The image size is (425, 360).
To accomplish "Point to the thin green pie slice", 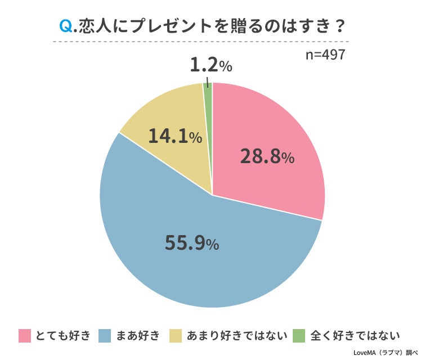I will pos(208,96).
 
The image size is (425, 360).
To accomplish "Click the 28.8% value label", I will pos(267,157).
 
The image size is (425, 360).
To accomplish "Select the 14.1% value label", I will pos(175,136).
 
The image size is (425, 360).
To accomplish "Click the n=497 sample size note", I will pos(325,55).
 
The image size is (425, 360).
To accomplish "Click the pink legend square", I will pos(24,336).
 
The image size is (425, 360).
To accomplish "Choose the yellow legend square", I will pos(175,336).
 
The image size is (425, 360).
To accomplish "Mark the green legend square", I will pos(299,336).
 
